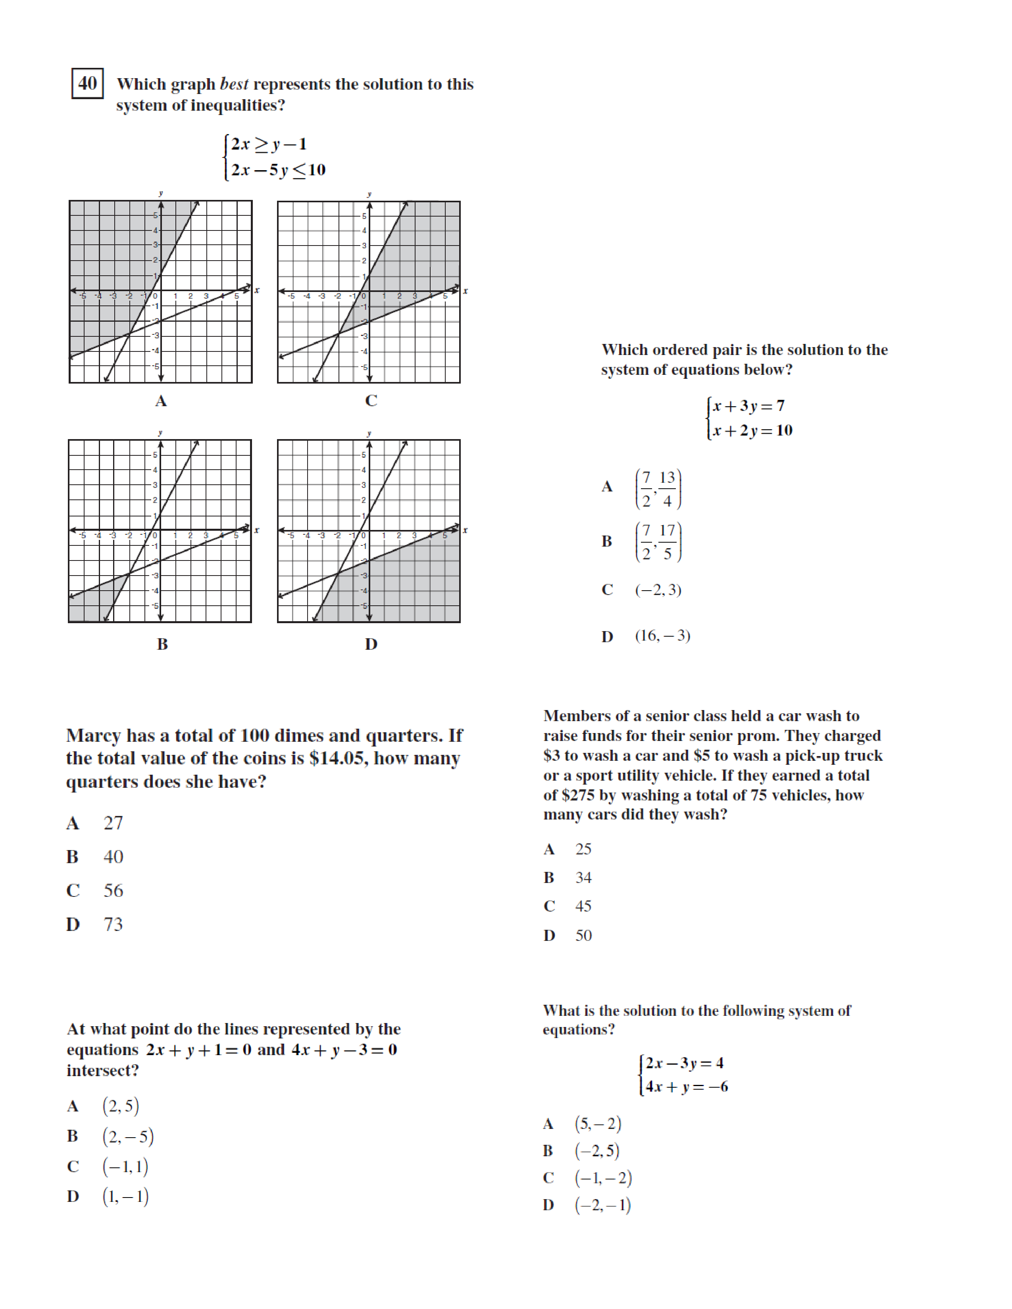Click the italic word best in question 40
[234, 84]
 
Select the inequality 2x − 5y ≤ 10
[278, 170]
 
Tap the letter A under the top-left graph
[161, 401]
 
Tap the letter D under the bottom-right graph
[371, 644]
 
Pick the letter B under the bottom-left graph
[162, 644]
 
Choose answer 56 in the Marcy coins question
[113, 891]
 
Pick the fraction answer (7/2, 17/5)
[658, 542]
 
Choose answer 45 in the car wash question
[583, 906]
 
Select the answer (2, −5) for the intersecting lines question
[128, 1136]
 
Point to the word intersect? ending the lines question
[102, 1071]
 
